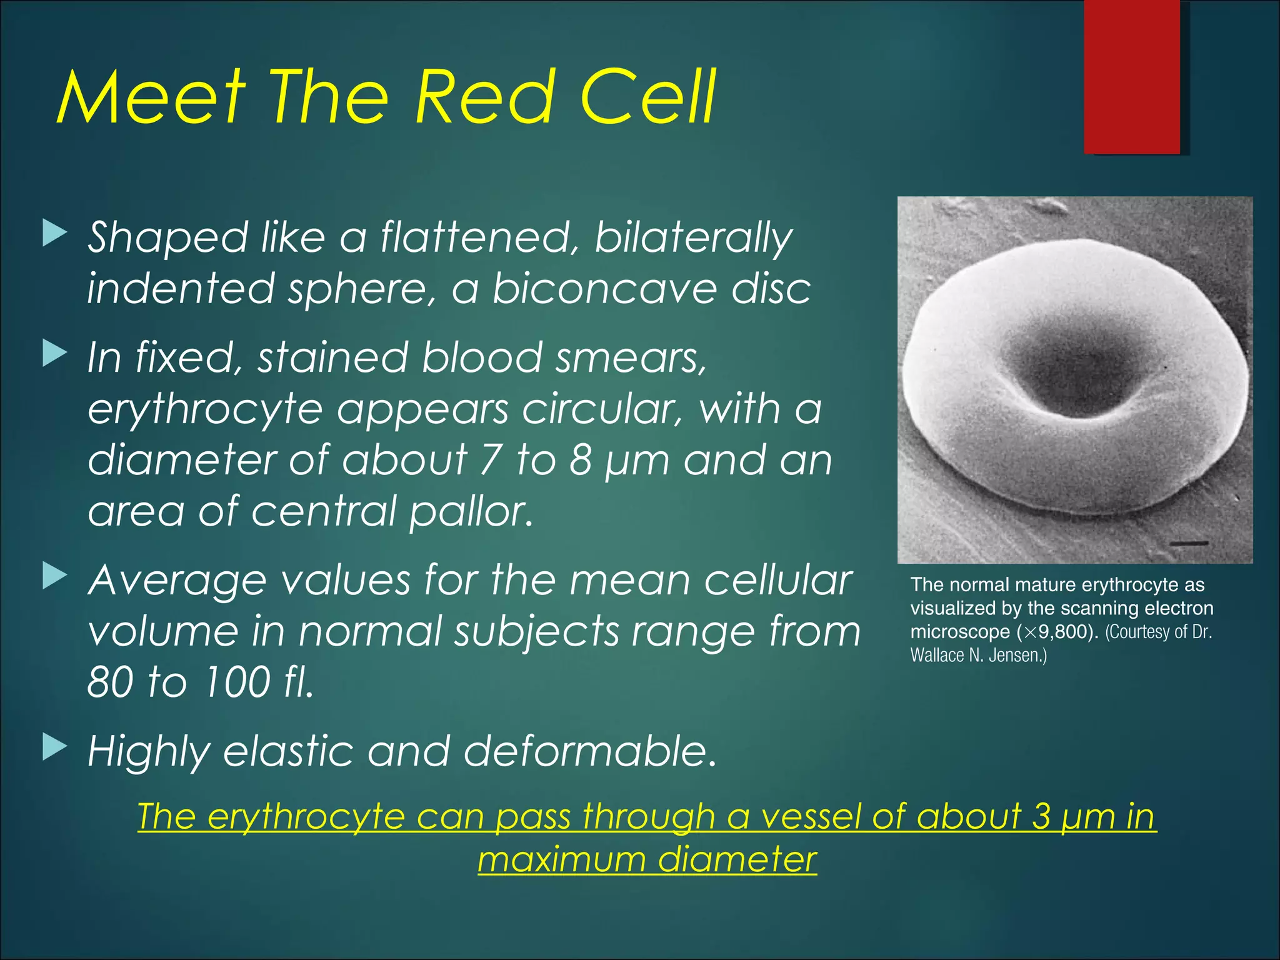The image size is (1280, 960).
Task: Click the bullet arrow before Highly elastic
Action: coord(54,746)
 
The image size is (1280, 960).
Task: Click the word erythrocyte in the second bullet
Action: coord(205,410)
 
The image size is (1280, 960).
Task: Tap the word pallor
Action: coord(471,511)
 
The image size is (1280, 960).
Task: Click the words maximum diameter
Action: coord(647,859)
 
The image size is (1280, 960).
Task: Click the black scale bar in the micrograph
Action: coord(1188,543)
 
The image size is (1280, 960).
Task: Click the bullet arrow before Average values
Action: coord(54,576)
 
